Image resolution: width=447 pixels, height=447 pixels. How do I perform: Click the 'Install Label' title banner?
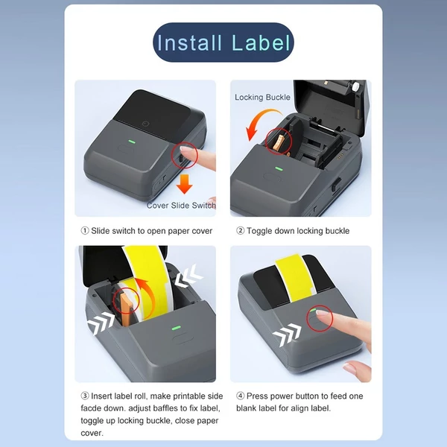tap(223, 42)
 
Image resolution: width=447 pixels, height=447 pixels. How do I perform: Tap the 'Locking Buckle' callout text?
tap(262, 98)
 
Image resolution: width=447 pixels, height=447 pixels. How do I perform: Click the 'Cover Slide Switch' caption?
tap(181, 206)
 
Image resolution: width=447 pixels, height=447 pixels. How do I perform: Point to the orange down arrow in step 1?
tap(185, 184)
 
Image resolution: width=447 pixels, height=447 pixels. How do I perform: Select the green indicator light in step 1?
tap(132, 142)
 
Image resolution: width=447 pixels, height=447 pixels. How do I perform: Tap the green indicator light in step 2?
tap(279, 169)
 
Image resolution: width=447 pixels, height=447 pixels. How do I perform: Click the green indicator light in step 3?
tap(176, 328)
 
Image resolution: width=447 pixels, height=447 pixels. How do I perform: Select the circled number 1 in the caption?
tap(85, 231)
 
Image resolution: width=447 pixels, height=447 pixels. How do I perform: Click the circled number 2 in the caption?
tap(241, 230)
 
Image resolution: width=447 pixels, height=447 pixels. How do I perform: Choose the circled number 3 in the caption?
tap(85, 396)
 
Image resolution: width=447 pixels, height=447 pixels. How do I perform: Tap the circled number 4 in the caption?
tap(241, 396)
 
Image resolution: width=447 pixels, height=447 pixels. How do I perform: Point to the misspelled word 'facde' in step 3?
tap(90, 408)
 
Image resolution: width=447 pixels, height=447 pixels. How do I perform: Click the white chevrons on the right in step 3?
tap(188, 276)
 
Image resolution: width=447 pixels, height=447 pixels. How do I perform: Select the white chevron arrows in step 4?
tap(287, 335)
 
